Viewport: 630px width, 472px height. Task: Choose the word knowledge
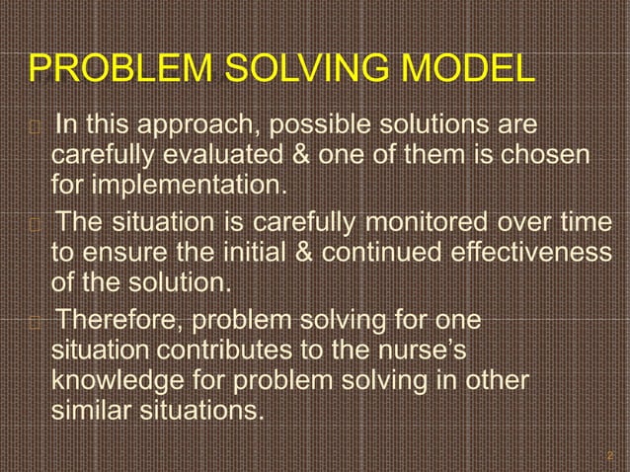pos(120,378)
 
